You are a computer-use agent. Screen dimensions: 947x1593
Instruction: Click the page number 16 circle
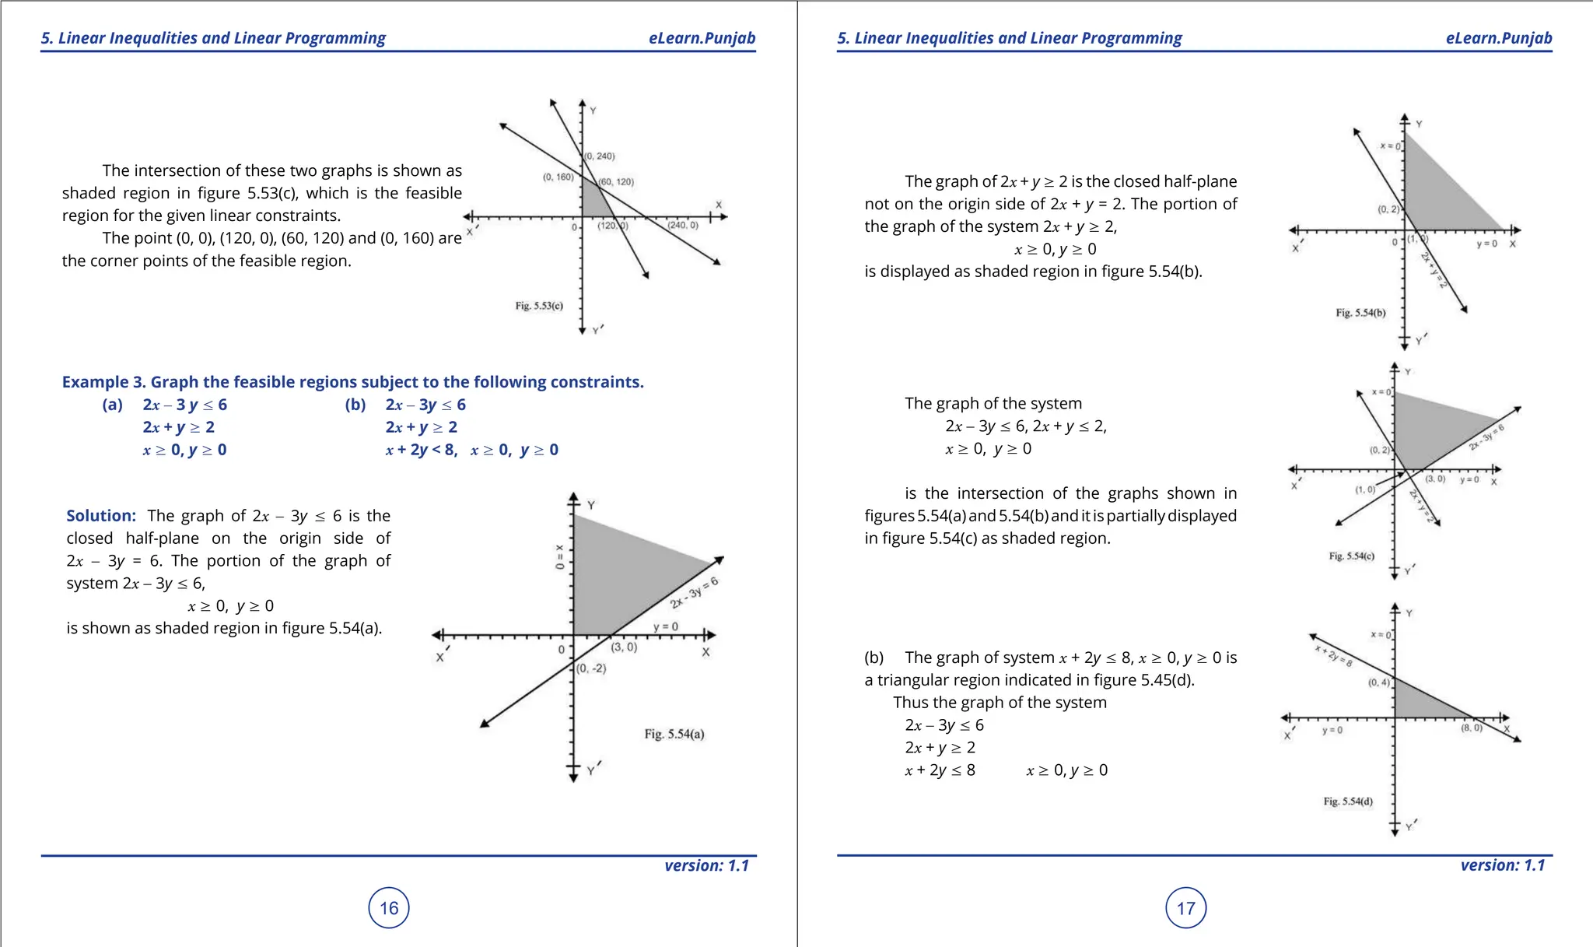pos(389,907)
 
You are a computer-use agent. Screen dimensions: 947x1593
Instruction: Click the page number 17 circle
pos(1185,907)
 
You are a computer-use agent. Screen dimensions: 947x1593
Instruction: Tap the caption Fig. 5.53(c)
pos(539,306)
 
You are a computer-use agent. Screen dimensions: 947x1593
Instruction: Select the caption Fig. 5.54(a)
pos(674,734)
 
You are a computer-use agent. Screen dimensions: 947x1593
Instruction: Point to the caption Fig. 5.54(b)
pos(1360,313)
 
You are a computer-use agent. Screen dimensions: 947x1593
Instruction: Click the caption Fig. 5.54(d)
pos(1348,801)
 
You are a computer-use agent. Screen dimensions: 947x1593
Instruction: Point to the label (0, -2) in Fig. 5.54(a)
pos(591,668)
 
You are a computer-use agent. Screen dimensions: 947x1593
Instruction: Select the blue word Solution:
pos(101,516)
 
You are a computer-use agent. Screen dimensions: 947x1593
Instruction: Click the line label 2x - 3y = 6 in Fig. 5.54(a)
pos(695,593)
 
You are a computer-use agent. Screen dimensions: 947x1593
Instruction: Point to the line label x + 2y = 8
pos(1333,656)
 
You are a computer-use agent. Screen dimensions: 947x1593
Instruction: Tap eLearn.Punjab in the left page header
pos(702,38)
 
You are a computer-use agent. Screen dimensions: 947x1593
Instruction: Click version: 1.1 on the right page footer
pos(1502,865)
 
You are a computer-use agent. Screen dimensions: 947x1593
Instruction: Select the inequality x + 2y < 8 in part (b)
pos(421,450)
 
